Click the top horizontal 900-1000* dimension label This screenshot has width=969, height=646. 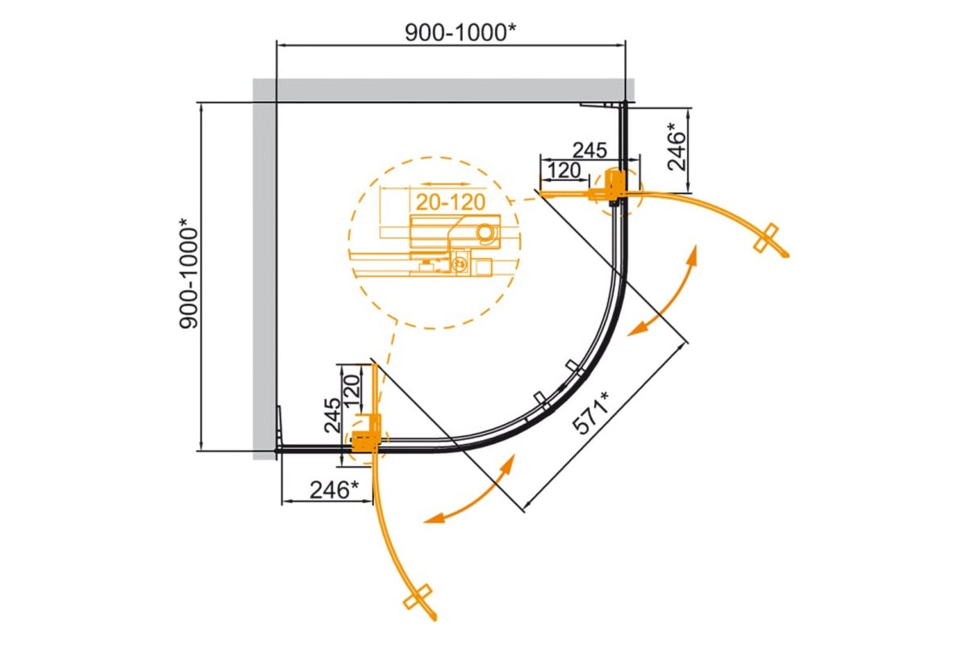460,32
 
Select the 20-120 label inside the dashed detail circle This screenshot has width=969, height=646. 451,202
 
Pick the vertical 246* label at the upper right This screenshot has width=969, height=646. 677,146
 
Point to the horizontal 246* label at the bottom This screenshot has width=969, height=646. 334,490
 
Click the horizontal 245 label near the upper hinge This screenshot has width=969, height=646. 589,150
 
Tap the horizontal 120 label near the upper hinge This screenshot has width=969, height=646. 564,170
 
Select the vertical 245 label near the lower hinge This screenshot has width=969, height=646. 333,415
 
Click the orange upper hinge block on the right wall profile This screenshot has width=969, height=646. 614,186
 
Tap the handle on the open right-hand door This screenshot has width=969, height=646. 766,237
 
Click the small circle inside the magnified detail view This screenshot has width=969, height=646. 487,233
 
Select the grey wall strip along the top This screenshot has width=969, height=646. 443,90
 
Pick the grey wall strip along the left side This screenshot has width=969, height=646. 264,269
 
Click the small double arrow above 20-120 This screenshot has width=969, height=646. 445,184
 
